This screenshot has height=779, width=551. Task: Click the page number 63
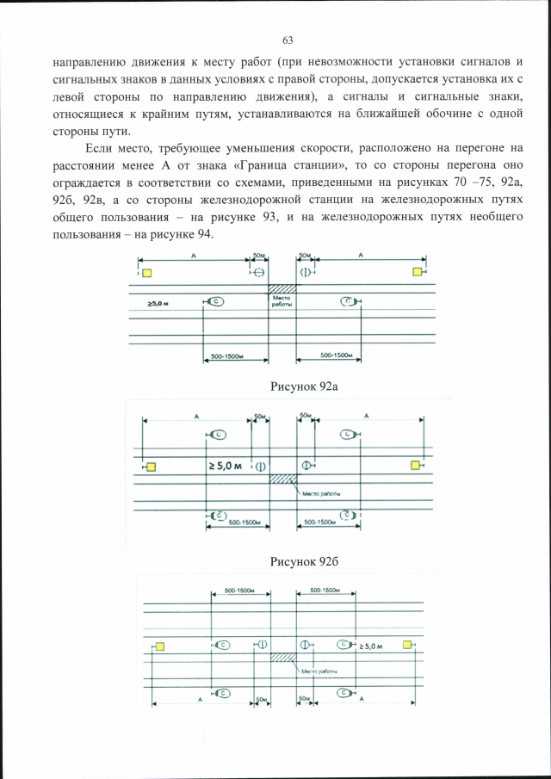click(x=288, y=40)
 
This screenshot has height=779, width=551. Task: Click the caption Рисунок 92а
click(x=303, y=386)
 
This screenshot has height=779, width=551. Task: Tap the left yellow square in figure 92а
click(x=145, y=273)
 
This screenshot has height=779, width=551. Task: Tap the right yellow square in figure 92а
click(x=418, y=272)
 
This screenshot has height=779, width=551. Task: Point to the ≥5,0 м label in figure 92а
click(x=158, y=303)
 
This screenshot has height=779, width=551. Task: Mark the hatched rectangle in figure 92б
click(x=282, y=479)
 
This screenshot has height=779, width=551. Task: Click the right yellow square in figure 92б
click(x=415, y=466)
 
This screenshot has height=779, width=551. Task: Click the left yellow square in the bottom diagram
click(x=160, y=646)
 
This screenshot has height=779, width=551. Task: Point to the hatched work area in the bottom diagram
click(x=282, y=658)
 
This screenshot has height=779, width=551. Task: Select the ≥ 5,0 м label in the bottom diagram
click(x=375, y=645)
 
